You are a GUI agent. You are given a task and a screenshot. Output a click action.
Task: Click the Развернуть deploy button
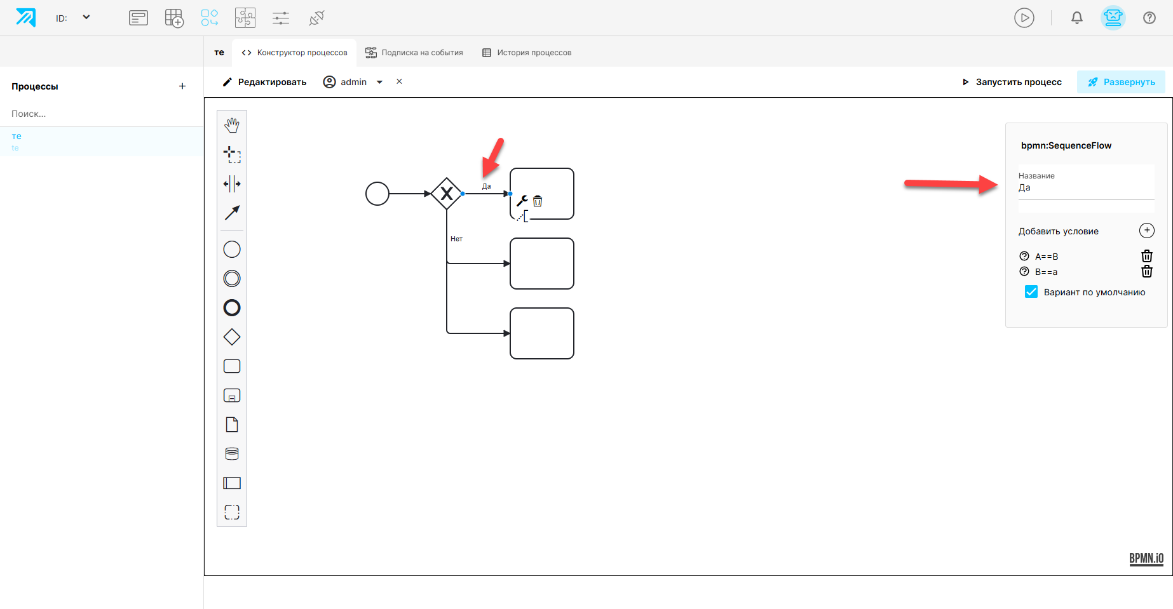click(1121, 82)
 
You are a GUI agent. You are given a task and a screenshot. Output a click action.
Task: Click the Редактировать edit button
click(264, 82)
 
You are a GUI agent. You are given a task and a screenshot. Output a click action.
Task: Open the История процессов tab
click(527, 53)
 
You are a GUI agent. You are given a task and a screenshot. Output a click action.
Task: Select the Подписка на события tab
click(414, 53)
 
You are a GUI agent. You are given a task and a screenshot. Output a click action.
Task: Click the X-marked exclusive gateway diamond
click(447, 194)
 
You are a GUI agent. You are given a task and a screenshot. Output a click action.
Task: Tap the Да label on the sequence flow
click(487, 186)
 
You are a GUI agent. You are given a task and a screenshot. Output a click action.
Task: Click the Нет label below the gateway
click(456, 239)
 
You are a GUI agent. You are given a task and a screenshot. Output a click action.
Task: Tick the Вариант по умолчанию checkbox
click(1031, 291)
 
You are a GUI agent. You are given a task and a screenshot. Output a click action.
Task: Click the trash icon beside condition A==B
click(1147, 256)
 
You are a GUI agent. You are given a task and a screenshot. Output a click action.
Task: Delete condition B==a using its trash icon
click(1147, 271)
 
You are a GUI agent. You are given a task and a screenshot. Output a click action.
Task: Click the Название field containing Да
click(1086, 187)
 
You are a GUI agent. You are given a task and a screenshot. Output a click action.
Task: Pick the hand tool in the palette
click(232, 126)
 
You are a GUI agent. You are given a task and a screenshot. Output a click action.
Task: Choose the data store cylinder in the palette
click(232, 453)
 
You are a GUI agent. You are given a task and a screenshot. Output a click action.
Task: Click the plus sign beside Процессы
click(182, 86)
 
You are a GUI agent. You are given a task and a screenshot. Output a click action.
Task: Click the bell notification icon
click(1077, 18)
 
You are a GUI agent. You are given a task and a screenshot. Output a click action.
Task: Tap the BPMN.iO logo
click(1146, 559)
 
